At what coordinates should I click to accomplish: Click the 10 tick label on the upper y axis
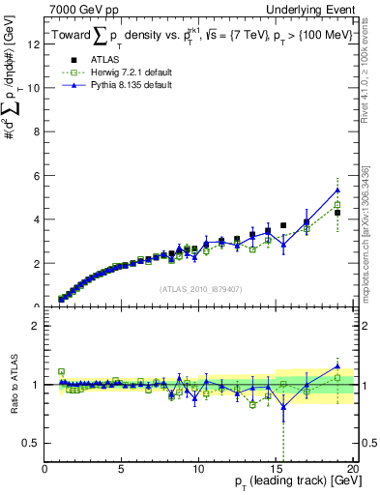pos(35,88)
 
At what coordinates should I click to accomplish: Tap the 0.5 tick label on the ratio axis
pos(33,443)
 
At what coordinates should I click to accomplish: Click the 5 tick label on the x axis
pos(121,471)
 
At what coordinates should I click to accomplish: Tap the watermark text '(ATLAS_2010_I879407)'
pos(199,288)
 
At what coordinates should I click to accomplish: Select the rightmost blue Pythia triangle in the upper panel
pos(336,189)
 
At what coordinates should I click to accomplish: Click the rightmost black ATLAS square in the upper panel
pos(336,213)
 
